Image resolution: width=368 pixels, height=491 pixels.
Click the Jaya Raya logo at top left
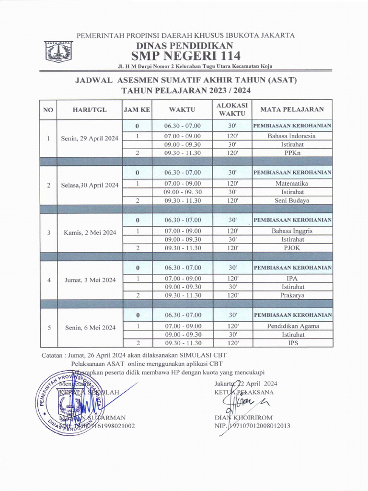pyautogui.click(x=58, y=51)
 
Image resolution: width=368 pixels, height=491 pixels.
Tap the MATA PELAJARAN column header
pyautogui.click(x=292, y=110)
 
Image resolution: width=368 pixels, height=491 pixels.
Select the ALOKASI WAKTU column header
pyautogui.click(x=232, y=110)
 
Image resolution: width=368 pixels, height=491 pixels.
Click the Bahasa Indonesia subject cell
pyautogui.click(x=292, y=136)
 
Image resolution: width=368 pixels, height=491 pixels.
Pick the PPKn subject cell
pyautogui.click(x=292, y=153)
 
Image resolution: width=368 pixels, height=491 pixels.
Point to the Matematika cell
pyautogui.click(x=292, y=183)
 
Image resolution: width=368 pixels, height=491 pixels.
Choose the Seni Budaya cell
pyautogui.click(x=292, y=200)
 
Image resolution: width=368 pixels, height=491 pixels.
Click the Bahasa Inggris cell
pyautogui.click(x=292, y=231)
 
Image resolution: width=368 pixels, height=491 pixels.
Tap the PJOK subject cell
pyautogui.click(x=292, y=248)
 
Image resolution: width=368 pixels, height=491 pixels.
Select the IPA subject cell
pyautogui.click(x=292, y=278)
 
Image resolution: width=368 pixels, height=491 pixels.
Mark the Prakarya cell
pyautogui.click(x=292, y=295)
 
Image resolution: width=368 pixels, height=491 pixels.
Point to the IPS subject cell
pyautogui.click(x=292, y=343)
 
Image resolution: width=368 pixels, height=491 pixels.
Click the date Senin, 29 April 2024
pyautogui.click(x=90, y=139)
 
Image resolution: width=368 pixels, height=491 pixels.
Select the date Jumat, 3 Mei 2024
pyautogui.click(x=90, y=281)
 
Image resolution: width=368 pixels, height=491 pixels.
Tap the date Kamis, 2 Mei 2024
pyautogui.click(x=90, y=233)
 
